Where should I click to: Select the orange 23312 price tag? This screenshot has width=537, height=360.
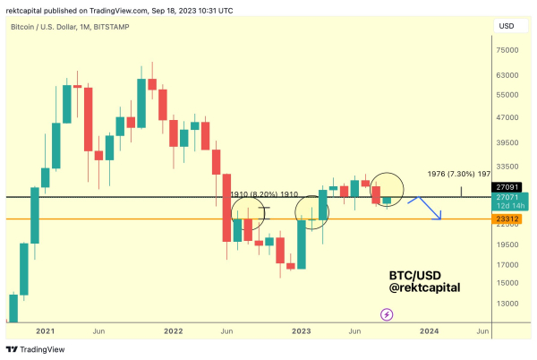pyautogui.click(x=507, y=219)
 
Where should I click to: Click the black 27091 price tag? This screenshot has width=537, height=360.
pyautogui.click(x=507, y=186)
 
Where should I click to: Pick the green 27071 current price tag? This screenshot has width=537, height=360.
pyautogui.click(x=507, y=196)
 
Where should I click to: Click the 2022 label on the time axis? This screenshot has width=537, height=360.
pyautogui.click(x=174, y=330)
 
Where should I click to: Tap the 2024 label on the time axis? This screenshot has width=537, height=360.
pyautogui.click(x=430, y=330)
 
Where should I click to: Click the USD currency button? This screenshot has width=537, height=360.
pyautogui.click(x=507, y=27)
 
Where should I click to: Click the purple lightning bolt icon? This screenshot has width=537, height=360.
pyautogui.click(x=387, y=314)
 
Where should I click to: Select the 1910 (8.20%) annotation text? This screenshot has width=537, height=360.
pyautogui.click(x=253, y=193)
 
